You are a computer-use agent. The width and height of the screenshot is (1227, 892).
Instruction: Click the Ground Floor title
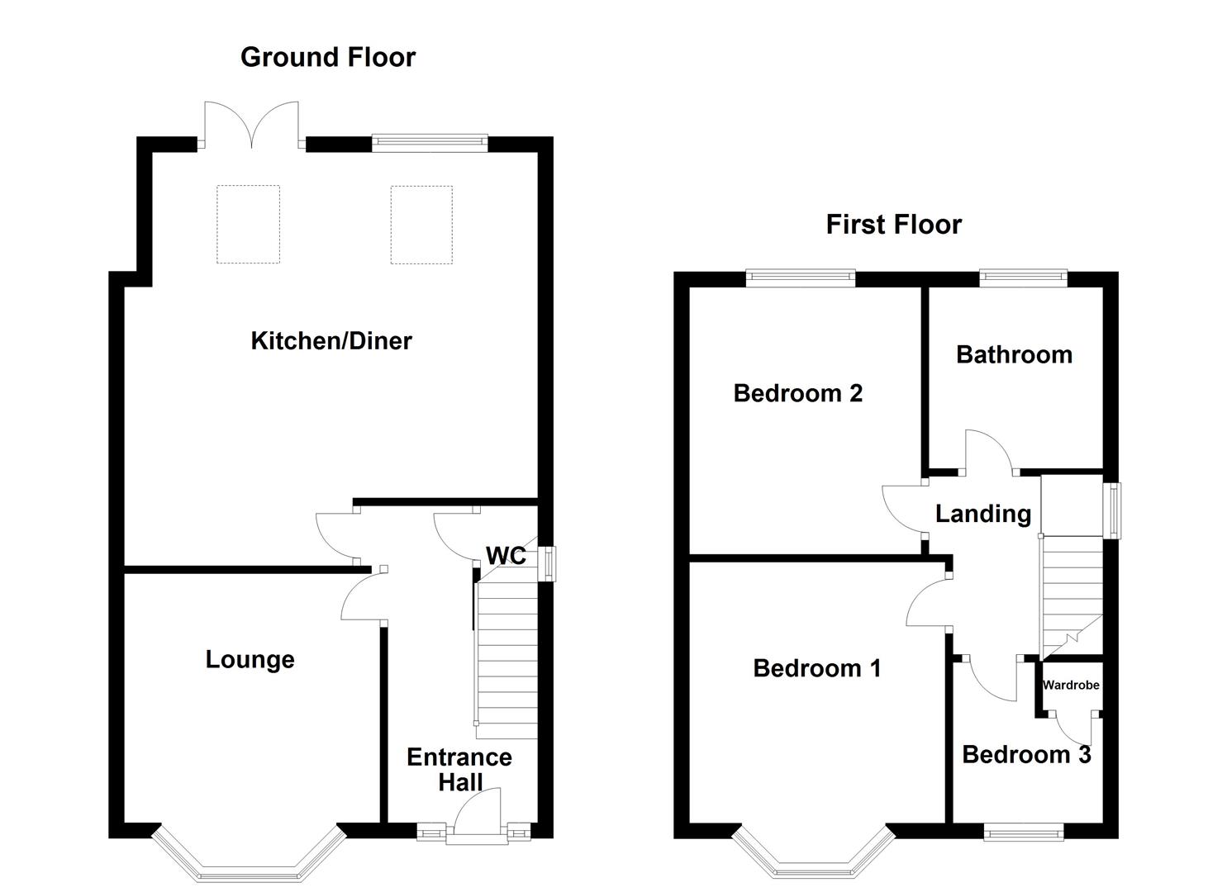(x=328, y=58)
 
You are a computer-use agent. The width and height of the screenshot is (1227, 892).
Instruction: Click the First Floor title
(x=893, y=225)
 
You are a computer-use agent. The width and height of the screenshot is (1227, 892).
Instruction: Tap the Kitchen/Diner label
(x=331, y=340)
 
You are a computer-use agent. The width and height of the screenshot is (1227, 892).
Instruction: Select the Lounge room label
(x=250, y=660)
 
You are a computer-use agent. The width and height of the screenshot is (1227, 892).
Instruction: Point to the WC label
(x=506, y=556)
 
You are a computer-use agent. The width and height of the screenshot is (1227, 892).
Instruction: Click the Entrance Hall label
(x=459, y=769)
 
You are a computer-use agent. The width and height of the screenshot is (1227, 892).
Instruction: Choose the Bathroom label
(x=1014, y=355)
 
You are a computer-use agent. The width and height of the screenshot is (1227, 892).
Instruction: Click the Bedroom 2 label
(x=797, y=393)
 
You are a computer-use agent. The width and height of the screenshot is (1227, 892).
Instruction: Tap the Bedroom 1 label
(x=816, y=668)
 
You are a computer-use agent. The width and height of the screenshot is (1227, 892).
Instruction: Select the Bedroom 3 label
(x=1026, y=755)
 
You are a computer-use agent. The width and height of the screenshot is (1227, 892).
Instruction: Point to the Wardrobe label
(x=1071, y=685)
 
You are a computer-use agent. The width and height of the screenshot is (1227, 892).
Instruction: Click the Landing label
(x=983, y=514)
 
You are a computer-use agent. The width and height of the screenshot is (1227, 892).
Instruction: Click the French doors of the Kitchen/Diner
(x=251, y=125)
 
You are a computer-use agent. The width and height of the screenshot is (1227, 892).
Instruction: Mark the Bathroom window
(x=1023, y=278)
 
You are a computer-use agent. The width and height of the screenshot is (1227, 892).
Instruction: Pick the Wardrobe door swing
(x=1073, y=728)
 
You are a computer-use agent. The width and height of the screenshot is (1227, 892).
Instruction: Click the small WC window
(x=547, y=563)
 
